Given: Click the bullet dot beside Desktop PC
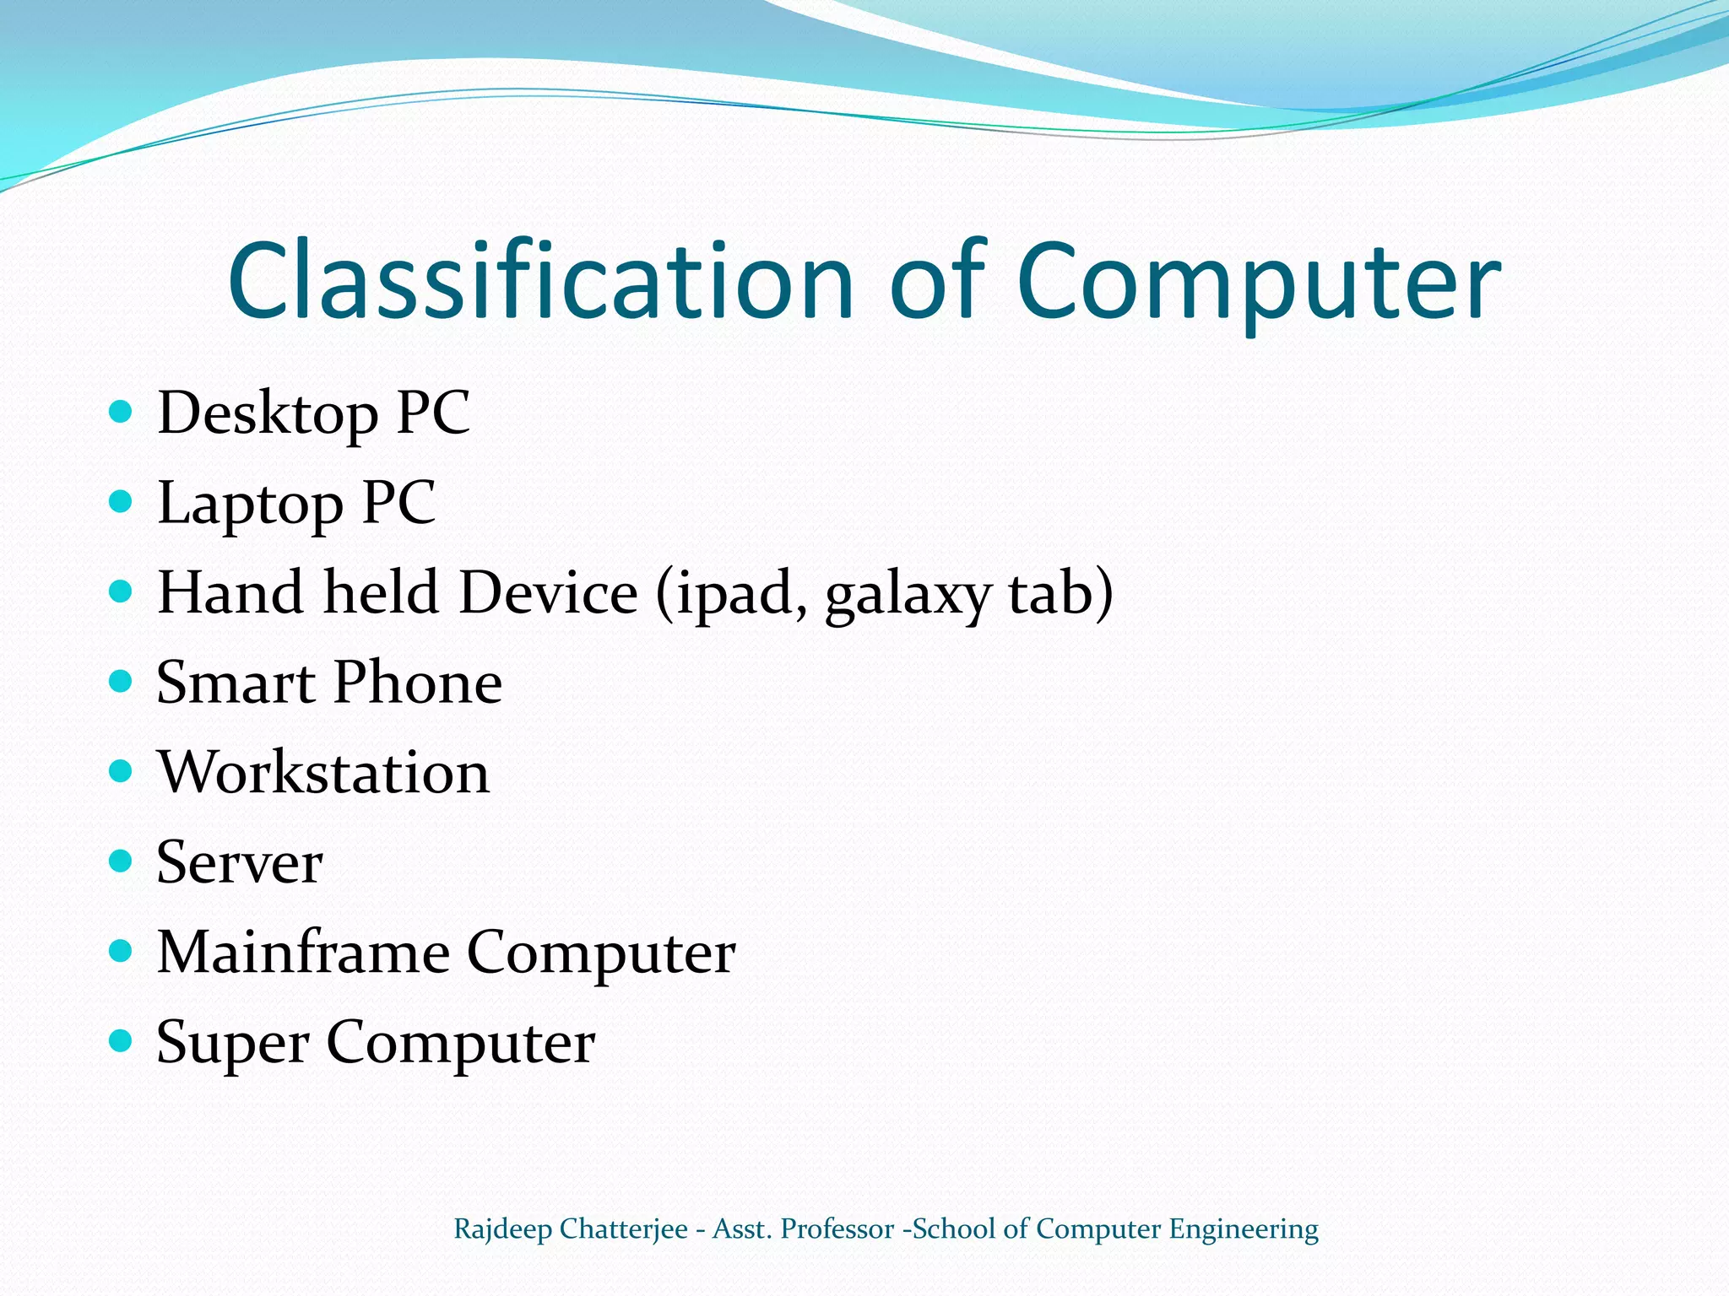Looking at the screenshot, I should tap(122, 412).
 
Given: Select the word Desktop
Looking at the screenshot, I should tap(268, 414).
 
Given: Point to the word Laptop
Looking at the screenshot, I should tap(250, 505).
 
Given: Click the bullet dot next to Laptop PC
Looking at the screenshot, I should tap(122, 502).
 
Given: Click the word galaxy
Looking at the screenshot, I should tap(907, 595).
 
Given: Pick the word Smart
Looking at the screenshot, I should tap(236, 683).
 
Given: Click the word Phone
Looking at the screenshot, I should tap(418, 683).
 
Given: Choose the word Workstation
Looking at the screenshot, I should tap(323, 772).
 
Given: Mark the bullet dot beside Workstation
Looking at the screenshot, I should tap(122, 770).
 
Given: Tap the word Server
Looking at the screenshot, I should tap(240, 862).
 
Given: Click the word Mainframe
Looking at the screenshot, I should tap(304, 952).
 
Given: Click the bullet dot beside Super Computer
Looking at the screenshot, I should tap(122, 1040).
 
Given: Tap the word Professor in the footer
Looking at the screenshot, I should tap(837, 1229).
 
